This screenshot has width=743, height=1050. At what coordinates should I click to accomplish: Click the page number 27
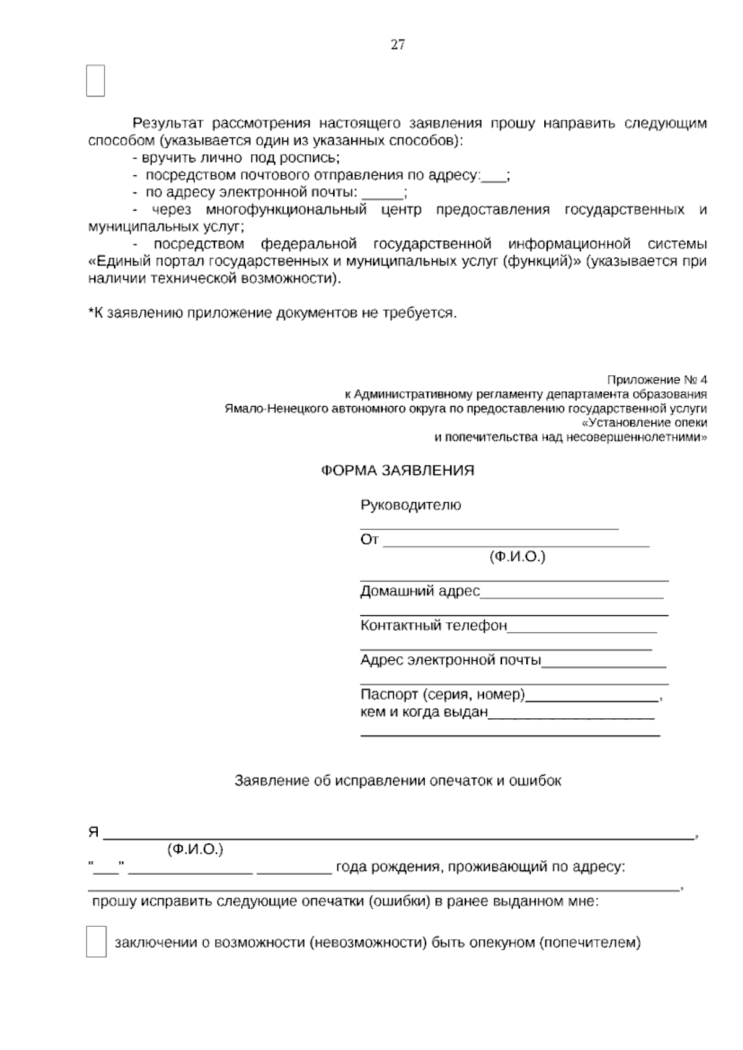(398, 45)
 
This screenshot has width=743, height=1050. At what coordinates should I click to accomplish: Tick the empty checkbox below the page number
(95, 80)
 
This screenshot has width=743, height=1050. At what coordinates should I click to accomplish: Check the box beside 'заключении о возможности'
(96, 942)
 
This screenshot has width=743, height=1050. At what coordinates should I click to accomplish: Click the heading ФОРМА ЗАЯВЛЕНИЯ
(398, 471)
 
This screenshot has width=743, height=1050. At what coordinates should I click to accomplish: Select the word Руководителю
(411, 505)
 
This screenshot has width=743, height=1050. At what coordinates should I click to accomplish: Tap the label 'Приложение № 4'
(657, 380)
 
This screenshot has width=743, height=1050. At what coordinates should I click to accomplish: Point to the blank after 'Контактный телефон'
(582, 629)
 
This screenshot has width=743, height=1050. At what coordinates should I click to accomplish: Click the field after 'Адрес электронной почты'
(604, 664)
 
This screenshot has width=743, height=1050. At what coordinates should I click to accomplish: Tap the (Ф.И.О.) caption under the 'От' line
(517, 557)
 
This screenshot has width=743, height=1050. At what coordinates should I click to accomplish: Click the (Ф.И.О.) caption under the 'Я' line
(195, 850)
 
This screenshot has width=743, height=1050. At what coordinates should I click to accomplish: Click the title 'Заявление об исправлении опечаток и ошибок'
(398, 781)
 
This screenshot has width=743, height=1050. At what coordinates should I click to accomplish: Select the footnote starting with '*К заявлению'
(272, 313)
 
